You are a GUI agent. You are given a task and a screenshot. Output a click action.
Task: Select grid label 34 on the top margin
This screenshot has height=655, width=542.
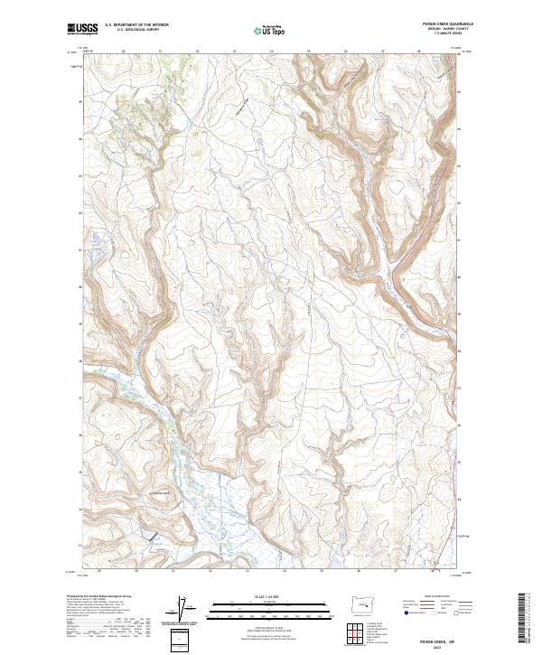point(271,51)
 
